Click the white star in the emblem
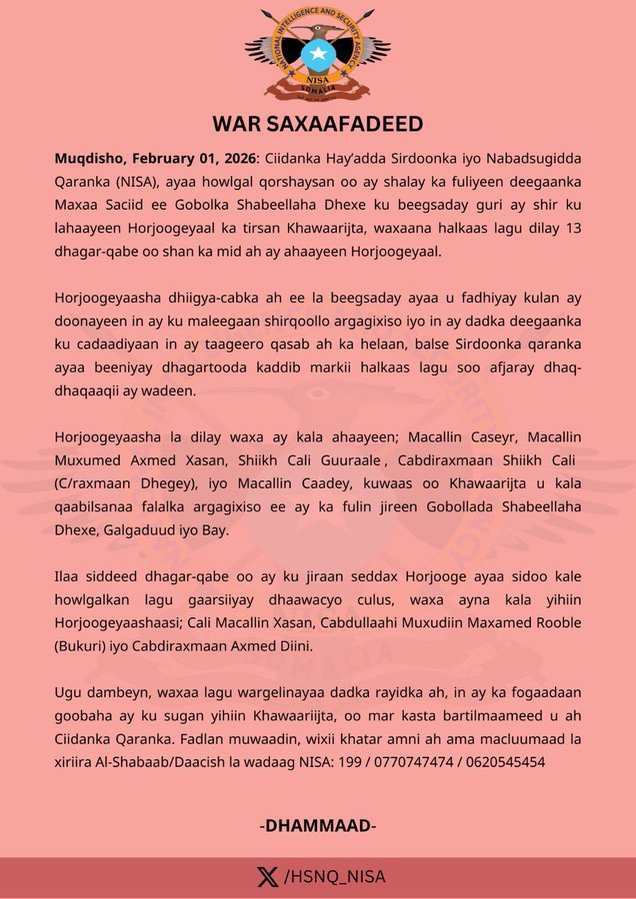coord(318,52)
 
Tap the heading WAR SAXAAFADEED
coord(318,124)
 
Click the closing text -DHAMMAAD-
coord(318,825)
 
